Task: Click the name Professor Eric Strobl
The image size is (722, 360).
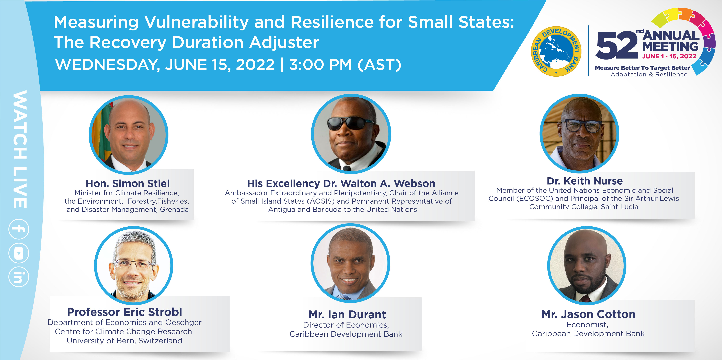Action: click(124, 312)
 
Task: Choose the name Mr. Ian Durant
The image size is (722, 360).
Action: click(347, 315)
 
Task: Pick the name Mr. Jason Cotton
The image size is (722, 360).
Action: click(588, 314)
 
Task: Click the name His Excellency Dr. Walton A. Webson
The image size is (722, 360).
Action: click(341, 183)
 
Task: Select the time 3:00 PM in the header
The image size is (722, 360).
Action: click(320, 65)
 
